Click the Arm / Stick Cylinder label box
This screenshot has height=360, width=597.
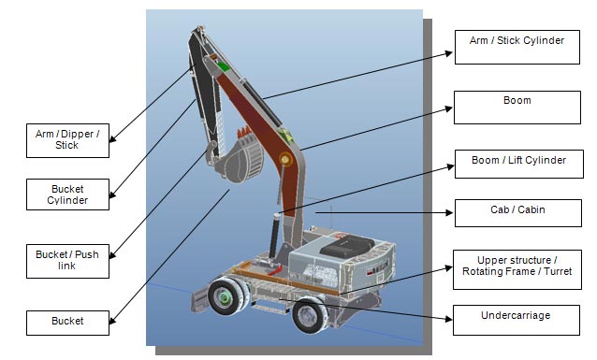[x=517, y=47]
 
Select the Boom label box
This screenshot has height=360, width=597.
[x=517, y=108]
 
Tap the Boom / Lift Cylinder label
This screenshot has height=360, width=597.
[x=519, y=164]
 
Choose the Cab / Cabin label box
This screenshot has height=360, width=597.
[x=518, y=213]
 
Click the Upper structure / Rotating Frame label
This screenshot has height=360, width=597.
[x=517, y=269]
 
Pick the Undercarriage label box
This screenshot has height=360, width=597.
[x=517, y=320]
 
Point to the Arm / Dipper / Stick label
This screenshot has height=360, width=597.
[x=67, y=140]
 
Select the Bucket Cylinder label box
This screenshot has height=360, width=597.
[x=67, y=194]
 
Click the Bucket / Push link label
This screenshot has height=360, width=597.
[x=67, y=261]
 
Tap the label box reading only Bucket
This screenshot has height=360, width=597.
[x=67, y=323]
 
